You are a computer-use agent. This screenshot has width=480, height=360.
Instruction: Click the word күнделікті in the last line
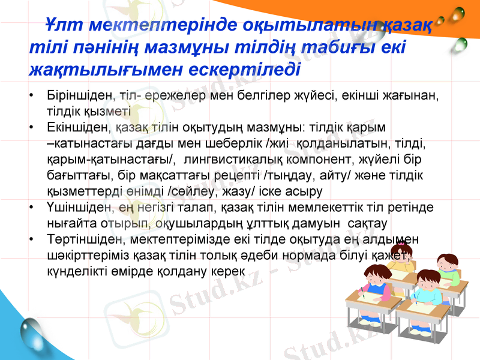point(75,271)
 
